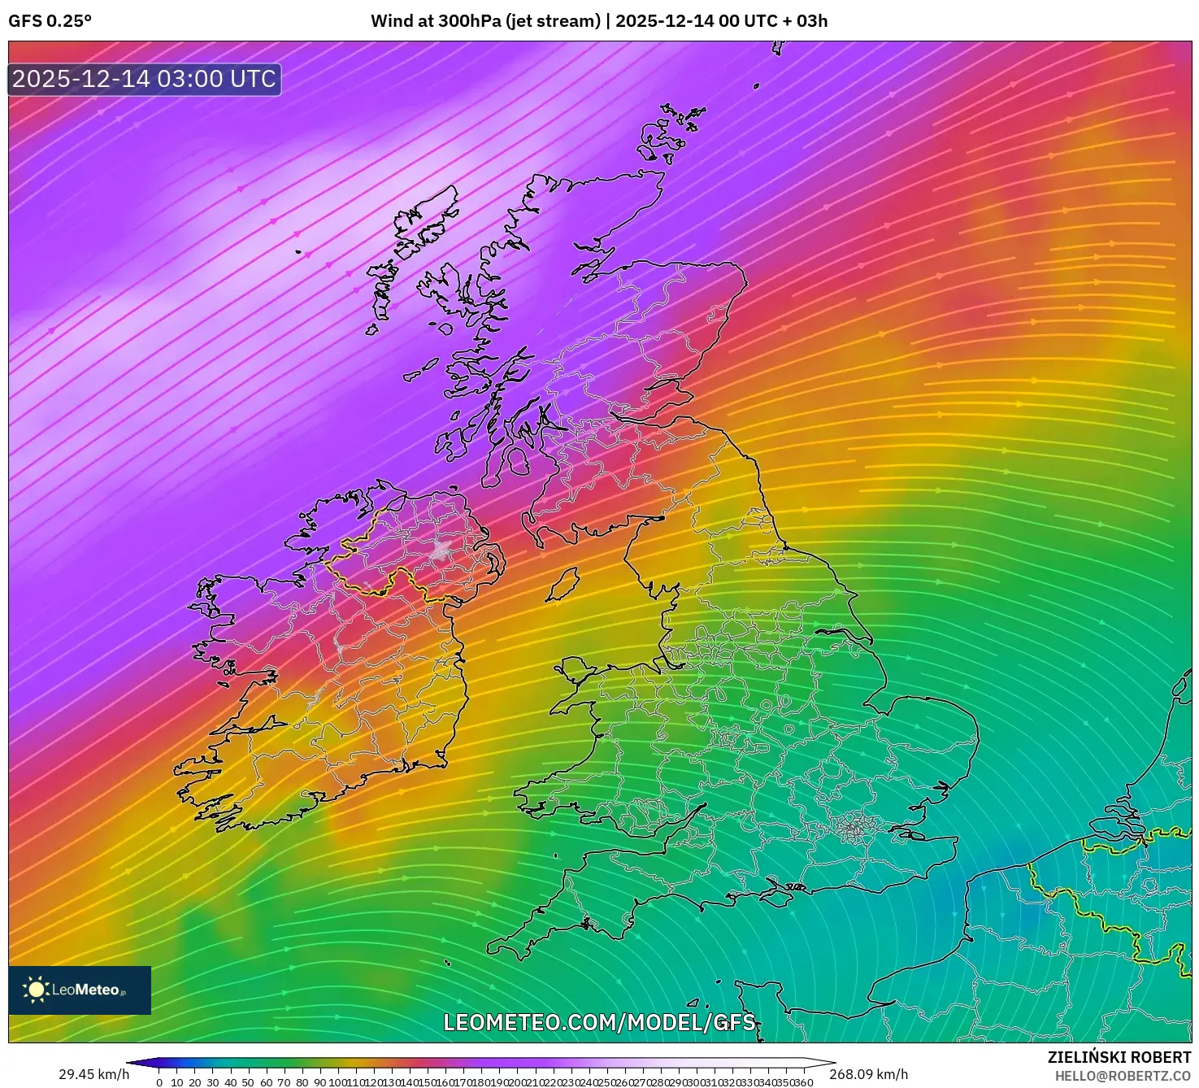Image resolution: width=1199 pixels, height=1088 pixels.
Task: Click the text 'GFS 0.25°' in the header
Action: click(x=50, y=21)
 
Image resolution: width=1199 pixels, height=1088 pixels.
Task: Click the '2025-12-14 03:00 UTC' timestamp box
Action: click(x=144, y=79)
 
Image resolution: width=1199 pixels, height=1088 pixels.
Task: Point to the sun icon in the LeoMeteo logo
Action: click(x=36, y=990)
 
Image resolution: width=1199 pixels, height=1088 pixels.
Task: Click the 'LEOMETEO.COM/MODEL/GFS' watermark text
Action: click(x=599, y=1022)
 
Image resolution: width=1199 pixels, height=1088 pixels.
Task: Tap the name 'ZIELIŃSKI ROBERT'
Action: click(x=1119, y=1057)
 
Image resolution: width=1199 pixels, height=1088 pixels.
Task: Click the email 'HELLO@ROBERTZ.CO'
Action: click(x=1123, y=1076)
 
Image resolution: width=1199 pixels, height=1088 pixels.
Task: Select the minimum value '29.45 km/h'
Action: click(x=93, y=1074)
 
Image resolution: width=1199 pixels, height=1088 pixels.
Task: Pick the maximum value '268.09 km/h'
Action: click(x=868, y=1074)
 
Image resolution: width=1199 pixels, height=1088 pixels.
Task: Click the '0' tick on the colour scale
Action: click(x=159, y=1082)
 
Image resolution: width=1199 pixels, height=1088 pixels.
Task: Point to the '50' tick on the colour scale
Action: click(x=248, y=1082)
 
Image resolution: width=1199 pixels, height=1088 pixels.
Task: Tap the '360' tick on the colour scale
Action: click(x=803, y=1082)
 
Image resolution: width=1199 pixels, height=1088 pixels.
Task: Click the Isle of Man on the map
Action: click(x=562, y=585)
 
